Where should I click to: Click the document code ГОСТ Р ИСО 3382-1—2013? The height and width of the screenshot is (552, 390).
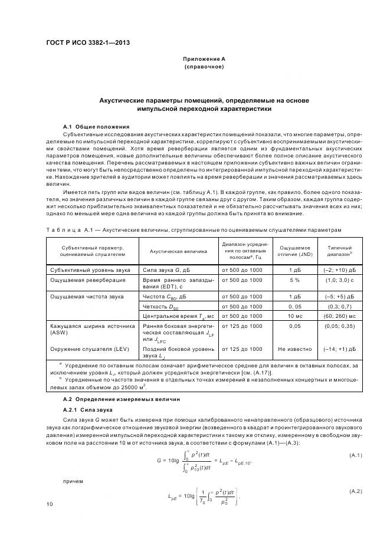88,43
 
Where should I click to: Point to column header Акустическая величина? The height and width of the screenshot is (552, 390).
178,251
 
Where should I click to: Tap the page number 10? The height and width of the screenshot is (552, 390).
50,504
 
